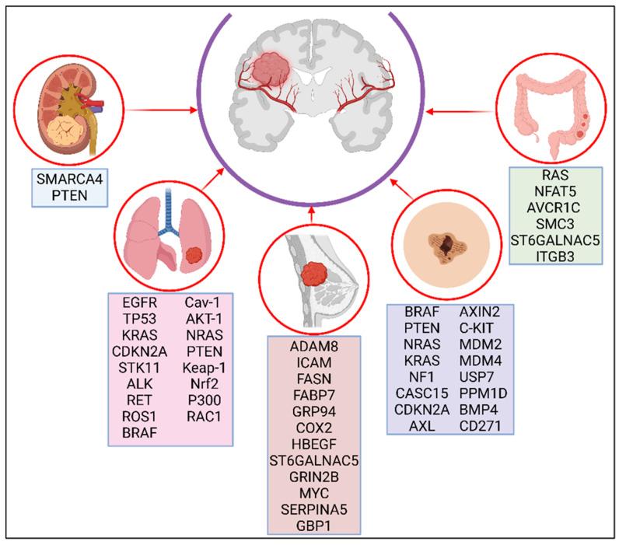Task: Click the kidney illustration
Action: click(61, 109)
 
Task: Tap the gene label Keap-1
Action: click(205, 365)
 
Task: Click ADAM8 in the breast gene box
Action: click(321, 346)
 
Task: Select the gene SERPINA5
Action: click(321, 509)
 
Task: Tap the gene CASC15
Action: click(418, 393)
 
